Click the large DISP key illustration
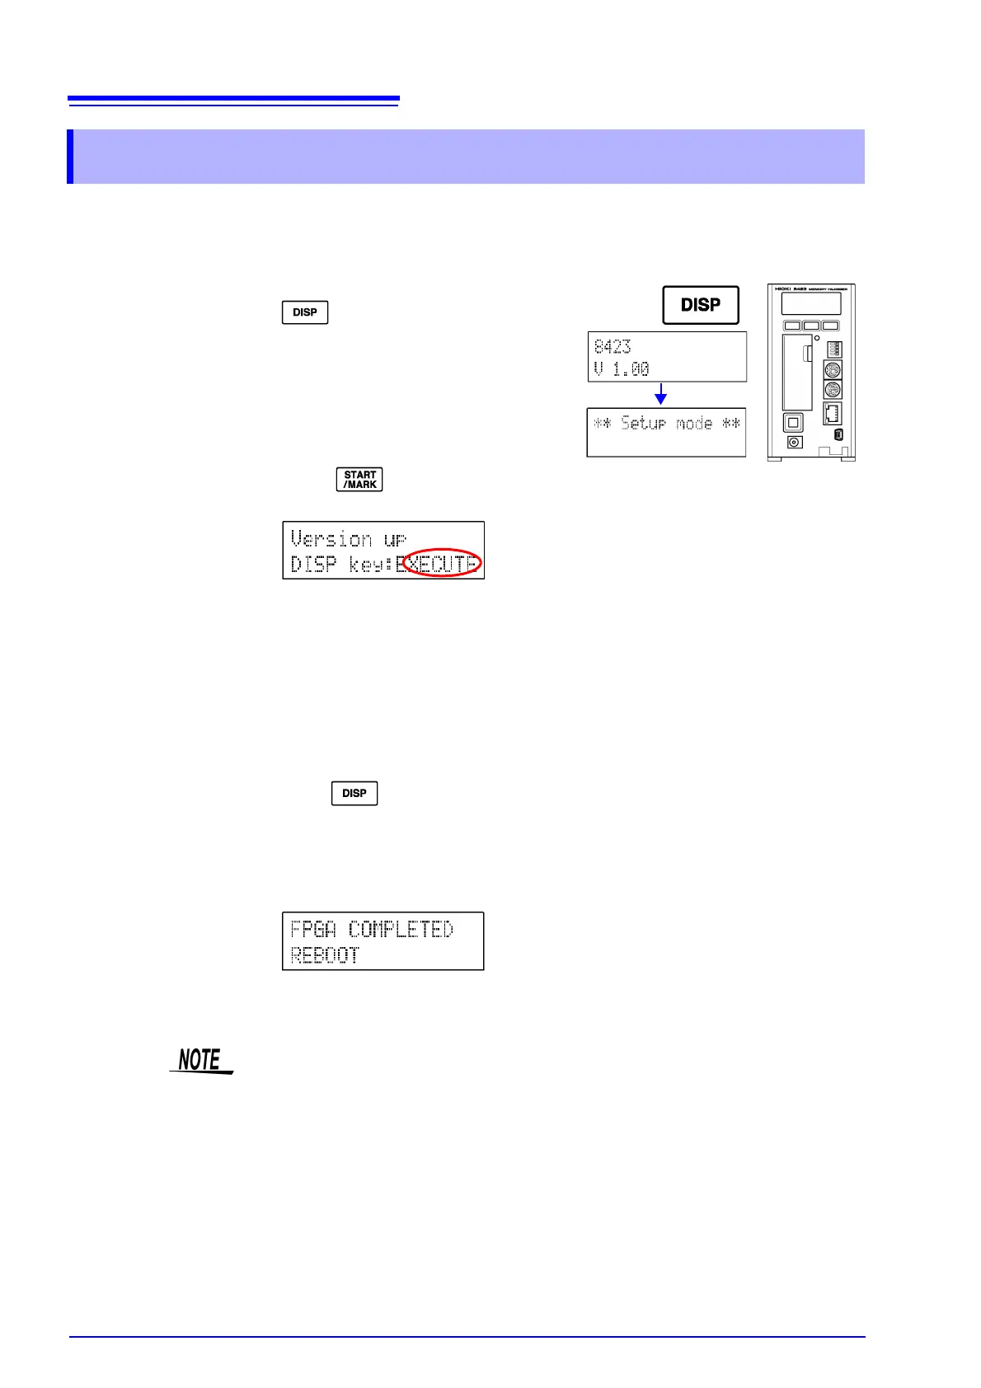(x=701, y=305)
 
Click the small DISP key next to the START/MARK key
(x=305, y=312)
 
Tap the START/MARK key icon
(x=359, y=480)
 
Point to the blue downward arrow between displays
(x=660, y=395)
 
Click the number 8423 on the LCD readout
(x=613, y=346)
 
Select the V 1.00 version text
(x=622, y=368)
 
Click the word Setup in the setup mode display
(x=643, y=424)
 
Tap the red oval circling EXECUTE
(x=442, y=562)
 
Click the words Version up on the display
(x=348, y=539)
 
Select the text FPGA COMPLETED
(x=372, y=930)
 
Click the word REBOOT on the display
(x=325, y=955)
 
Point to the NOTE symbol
(x=201, y=1060)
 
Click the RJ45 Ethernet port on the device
(x=833, y=413)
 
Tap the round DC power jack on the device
(x=794, y=443)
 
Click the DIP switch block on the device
(x=833, y=349)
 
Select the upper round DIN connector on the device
(x=833, y=370)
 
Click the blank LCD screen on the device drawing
(x=811, y=303)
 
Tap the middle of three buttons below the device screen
(x=811, y=326)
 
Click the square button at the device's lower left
(x=793, y=423)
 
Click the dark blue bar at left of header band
(x=70, y=157)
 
